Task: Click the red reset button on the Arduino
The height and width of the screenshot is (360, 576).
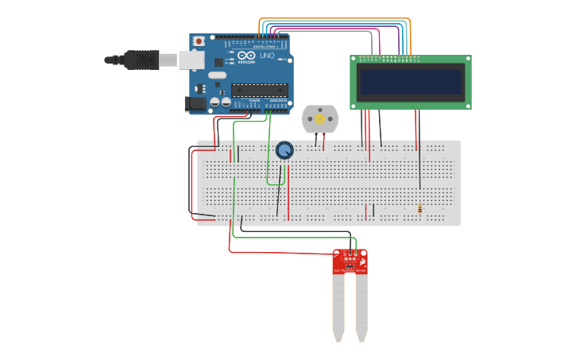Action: pyautogui.click(x=199, y=41)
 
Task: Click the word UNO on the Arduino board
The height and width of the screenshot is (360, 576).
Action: pyautogui.click(x=268, y=57)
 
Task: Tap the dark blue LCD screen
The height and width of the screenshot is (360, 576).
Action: pyautogui.click(x=410, y=82)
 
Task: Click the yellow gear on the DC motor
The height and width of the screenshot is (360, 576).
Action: pyautogui.click(x=320, y=119)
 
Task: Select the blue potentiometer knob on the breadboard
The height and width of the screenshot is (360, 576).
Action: pyautogui.click(x=284, y=149)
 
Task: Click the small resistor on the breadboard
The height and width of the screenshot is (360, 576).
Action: pyautogui.click(x=420, y=209)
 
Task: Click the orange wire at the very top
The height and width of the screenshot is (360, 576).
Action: pyautogui.click(x=334, y=18)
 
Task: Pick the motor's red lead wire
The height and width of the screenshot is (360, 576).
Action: pyautogui.click(x=323, y=141)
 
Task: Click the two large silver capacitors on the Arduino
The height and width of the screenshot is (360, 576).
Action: pyautogui.click(x=220, y=103)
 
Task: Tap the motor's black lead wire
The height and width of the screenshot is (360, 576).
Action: pyautogui.click(x=316, y=141)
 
